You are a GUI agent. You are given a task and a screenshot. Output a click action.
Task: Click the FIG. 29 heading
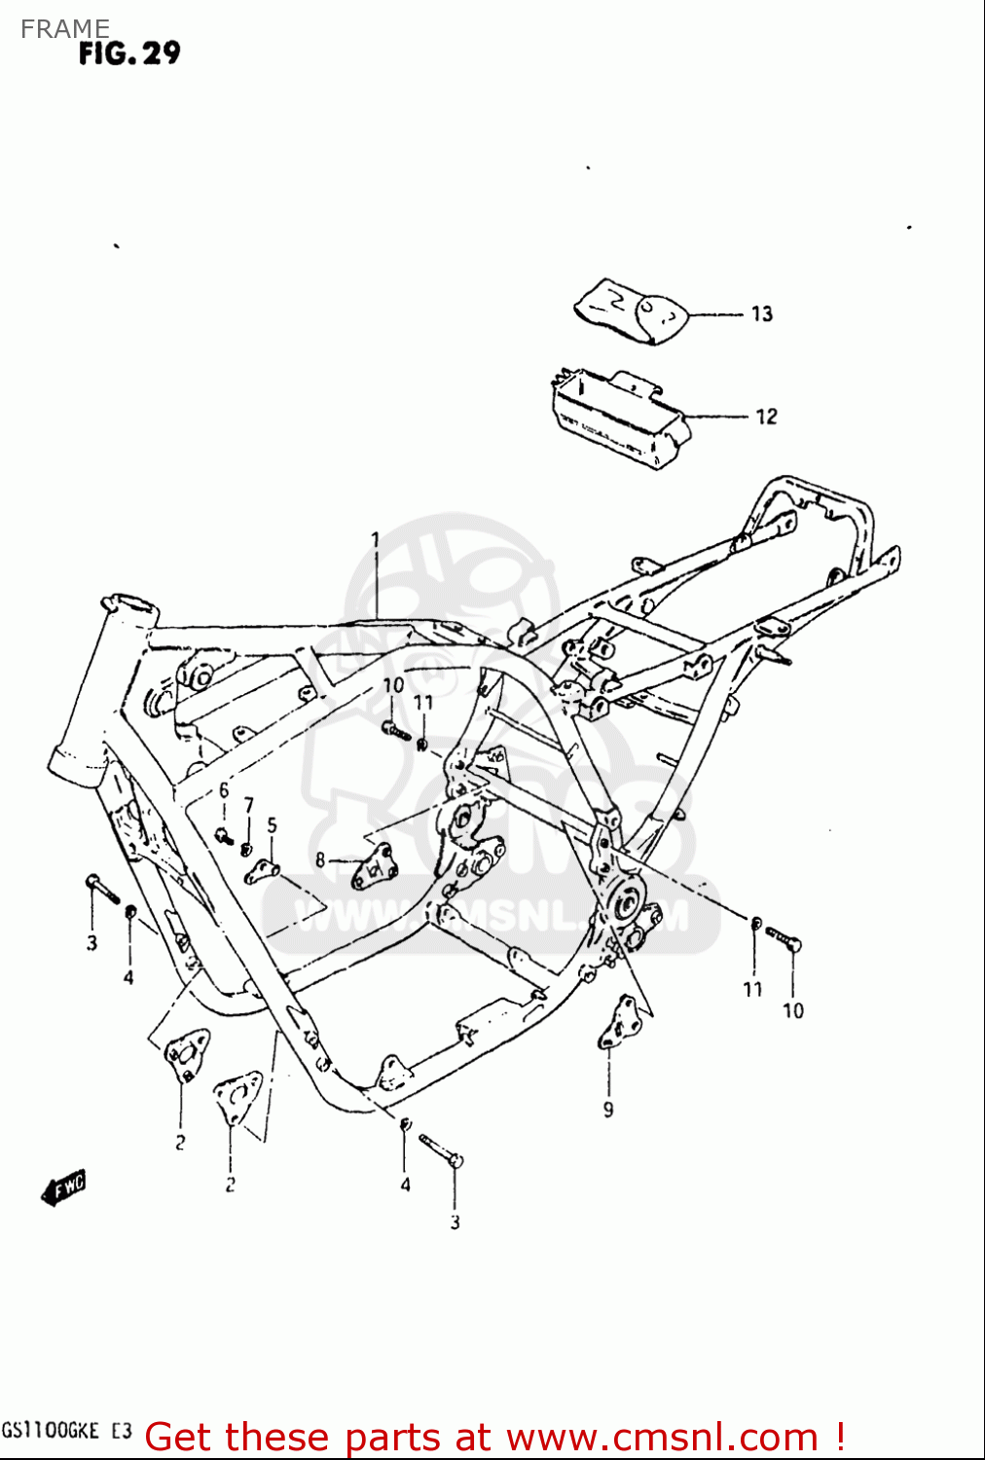click(129, 54)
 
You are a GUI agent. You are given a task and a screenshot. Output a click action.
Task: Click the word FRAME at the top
click(64, 28)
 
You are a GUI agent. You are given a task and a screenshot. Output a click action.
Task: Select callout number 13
click(761, 313)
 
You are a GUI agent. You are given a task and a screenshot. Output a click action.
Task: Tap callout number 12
click(766, 417)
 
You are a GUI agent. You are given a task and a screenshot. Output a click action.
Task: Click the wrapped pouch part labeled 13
click(631, 310)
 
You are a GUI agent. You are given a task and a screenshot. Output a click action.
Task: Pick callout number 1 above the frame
click(375, 539)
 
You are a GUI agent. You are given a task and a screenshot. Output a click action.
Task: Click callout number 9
click(608, 1109)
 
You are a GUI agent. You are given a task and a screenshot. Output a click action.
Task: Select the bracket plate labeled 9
click(617, 1022)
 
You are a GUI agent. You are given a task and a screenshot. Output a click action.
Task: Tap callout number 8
click(320, 859)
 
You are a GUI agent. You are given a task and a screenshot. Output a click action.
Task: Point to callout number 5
click(272, 825)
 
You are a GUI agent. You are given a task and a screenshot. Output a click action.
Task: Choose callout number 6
click(224, 790)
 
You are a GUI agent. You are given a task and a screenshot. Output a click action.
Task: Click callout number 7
click(249, 805)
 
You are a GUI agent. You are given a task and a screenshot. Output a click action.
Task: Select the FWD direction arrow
click(64, 1187)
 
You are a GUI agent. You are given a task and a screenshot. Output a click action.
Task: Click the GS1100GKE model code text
click(51, 1431)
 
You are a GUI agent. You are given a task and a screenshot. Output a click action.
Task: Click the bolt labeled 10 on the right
click(784, 938)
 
